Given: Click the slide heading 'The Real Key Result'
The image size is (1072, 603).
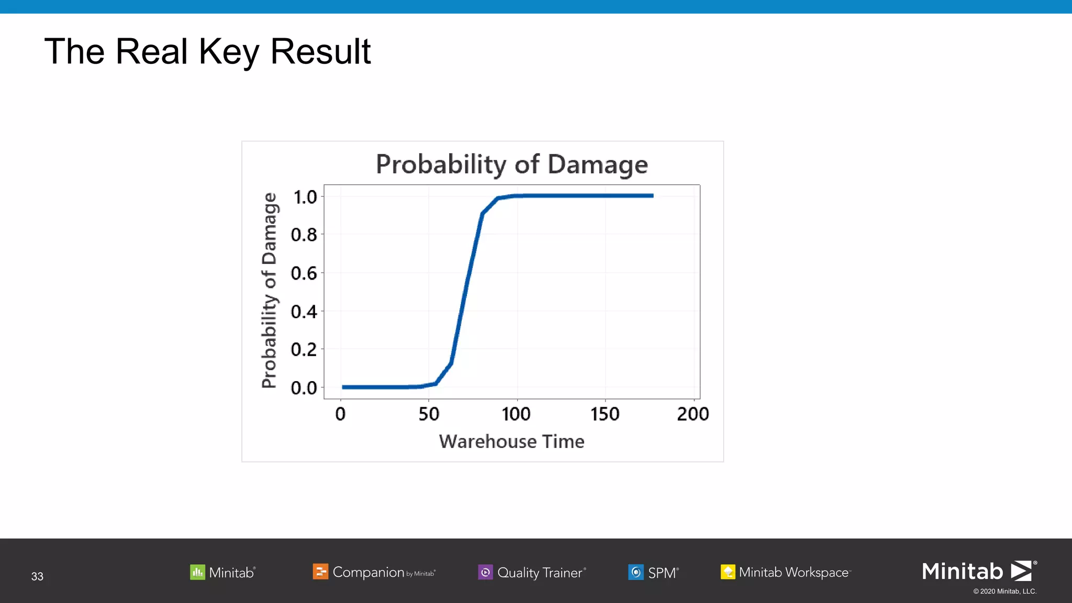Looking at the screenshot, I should [207, 52].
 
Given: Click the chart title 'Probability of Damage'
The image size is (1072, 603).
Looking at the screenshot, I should [511, 164].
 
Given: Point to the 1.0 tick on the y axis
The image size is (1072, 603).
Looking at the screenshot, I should [305, 197].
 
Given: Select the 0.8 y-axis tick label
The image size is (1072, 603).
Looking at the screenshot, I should [304, 235].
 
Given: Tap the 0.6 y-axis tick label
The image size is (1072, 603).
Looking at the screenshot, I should [304, 273].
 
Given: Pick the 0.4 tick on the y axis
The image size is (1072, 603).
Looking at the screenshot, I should [304, 312].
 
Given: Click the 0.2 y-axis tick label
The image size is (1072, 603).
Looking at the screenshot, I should [304, 350].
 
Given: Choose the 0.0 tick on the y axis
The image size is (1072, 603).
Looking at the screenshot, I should [304, 388].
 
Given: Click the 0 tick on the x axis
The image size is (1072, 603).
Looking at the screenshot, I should [341, 414].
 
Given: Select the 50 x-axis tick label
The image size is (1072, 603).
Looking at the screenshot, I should [429, 414].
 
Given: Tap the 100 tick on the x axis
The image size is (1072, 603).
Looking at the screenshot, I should [516, 414].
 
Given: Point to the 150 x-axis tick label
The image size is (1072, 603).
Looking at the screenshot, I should [605, 414].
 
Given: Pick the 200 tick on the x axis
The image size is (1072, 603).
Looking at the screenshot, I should [693, 414].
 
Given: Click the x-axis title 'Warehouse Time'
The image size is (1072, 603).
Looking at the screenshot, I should [511, 441].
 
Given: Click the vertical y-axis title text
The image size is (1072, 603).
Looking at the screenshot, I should [269, 291].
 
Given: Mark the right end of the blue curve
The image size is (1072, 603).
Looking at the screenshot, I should [652, 196].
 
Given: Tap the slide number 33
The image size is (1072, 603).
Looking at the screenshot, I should [37, 576].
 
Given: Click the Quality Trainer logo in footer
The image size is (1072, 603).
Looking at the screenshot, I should [532, 572].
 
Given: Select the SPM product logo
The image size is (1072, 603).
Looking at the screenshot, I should [653, 572].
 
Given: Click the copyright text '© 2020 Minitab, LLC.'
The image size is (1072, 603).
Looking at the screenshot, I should [1004, 591].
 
